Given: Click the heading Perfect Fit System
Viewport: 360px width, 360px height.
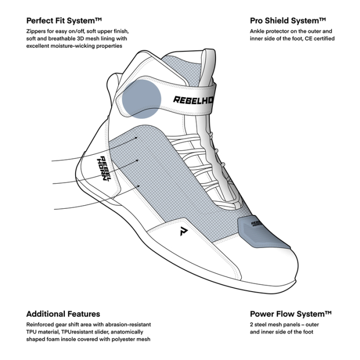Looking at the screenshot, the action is click(x=64, y=21).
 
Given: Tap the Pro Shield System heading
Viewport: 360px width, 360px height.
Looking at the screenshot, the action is click(x=288, y=21).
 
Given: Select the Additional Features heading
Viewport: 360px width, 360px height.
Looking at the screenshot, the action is click(x=63, y=314).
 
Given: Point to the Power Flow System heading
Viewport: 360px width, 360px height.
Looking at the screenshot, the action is click(x=291, y=314).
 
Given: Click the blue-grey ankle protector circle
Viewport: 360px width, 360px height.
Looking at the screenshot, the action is click(x=141, y=99).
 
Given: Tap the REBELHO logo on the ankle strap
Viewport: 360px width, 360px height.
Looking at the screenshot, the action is click(x=193, y=100).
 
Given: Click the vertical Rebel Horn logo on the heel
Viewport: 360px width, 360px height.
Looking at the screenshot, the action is click(x=104, y=169).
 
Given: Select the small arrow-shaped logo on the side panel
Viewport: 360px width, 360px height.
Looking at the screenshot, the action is click(x=183, y=231).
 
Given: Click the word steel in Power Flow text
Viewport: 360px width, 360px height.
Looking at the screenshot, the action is click(x=260, y=325).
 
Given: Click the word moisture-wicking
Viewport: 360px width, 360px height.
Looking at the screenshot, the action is click(x=73, y=46).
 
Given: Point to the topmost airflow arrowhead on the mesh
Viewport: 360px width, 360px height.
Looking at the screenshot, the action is click(x=136, y=138).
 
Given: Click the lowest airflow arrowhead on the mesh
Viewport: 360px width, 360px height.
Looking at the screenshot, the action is click(x=138, y=186).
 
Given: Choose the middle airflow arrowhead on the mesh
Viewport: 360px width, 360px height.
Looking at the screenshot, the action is click(x=137, y=160).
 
